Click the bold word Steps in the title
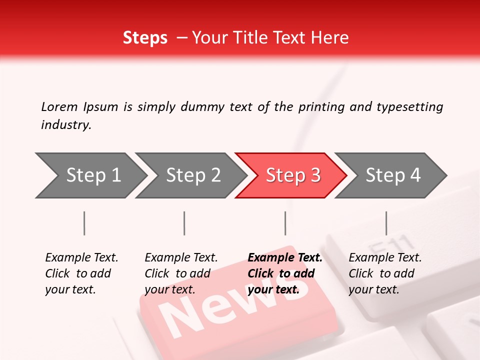tap(145, 38)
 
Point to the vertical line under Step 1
tap(84, 223)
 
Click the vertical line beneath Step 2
tap(184, 223)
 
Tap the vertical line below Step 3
tap(285, 223)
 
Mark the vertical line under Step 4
tap(386, 223)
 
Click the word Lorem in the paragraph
tap(59, 107)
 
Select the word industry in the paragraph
tap(65, 125)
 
